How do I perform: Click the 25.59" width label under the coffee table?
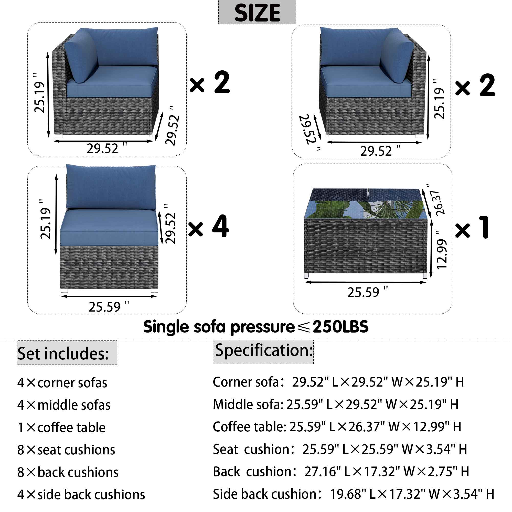point(368,292)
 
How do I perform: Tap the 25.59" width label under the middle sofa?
point(109,307)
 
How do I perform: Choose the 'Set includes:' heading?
point(63,354)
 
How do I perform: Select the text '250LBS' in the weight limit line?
point(340,326)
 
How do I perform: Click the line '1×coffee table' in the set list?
point(61,428)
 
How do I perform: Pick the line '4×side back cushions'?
point(81,495)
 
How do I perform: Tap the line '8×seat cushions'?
point(66,450)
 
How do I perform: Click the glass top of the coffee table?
point(366,204)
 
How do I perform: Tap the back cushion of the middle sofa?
point(111,187)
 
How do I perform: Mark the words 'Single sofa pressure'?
point(219,327)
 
